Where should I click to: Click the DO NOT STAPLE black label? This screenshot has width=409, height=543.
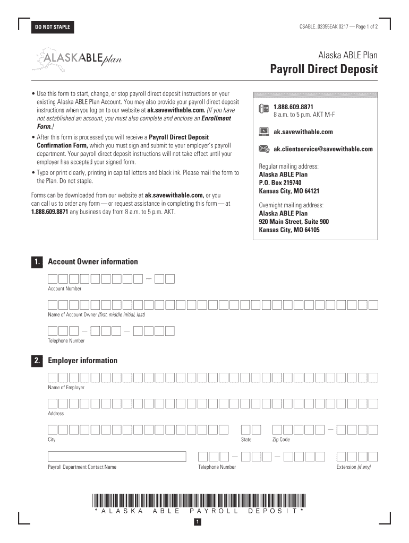pyautogui.click(x=53, y=27)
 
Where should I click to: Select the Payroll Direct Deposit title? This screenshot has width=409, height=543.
pyautogui.click(x=323, y=69)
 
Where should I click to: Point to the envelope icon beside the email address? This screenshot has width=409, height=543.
pyautogui.click(x=263, y=149)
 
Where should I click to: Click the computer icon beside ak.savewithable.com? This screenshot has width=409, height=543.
pyautogui.click(x=263, y=132)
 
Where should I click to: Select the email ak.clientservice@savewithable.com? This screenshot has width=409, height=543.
pyautogui.click(x=323, y=149)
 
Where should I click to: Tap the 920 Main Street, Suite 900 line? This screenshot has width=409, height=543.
pyautogui.click(x=294, y=222)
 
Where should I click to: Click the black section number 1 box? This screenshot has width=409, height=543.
pyautogui.click(x=36, y=262)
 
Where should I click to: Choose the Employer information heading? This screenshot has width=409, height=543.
pyautogui.click(x=82, y=361)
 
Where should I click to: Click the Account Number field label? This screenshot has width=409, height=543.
pyautogui.click(x=65, y=288)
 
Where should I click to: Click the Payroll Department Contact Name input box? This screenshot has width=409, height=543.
pyautogui.click(x=117, y=457)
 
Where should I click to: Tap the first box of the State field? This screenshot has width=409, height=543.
pyautogui.click(x=245, y=430)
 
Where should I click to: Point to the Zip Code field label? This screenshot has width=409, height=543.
pyautogui.click(x=281, y=440)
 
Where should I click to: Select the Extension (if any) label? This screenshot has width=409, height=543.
pyautogui.click(x=353, y=467)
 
